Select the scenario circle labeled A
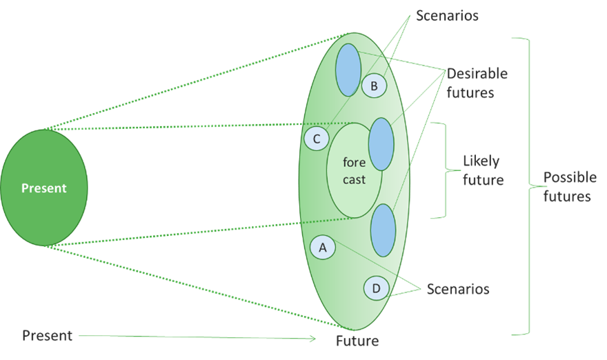click(322, 248)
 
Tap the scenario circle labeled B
click(374, 86)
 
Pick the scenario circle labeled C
click(317, 139)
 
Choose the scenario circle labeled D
click(376, 288)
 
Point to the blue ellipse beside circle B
click(348, 70)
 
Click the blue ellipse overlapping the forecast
click(381, 144)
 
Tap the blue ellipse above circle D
click(383, 230)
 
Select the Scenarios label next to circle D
click(458, 289)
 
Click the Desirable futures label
click(477, 83)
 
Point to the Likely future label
click(483, 170)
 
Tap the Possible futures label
click(570, 186)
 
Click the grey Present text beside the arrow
click(47, 336)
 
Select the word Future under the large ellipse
click(357, 341)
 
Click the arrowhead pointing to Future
click(312, 338)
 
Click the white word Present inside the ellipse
click(44, 188)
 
